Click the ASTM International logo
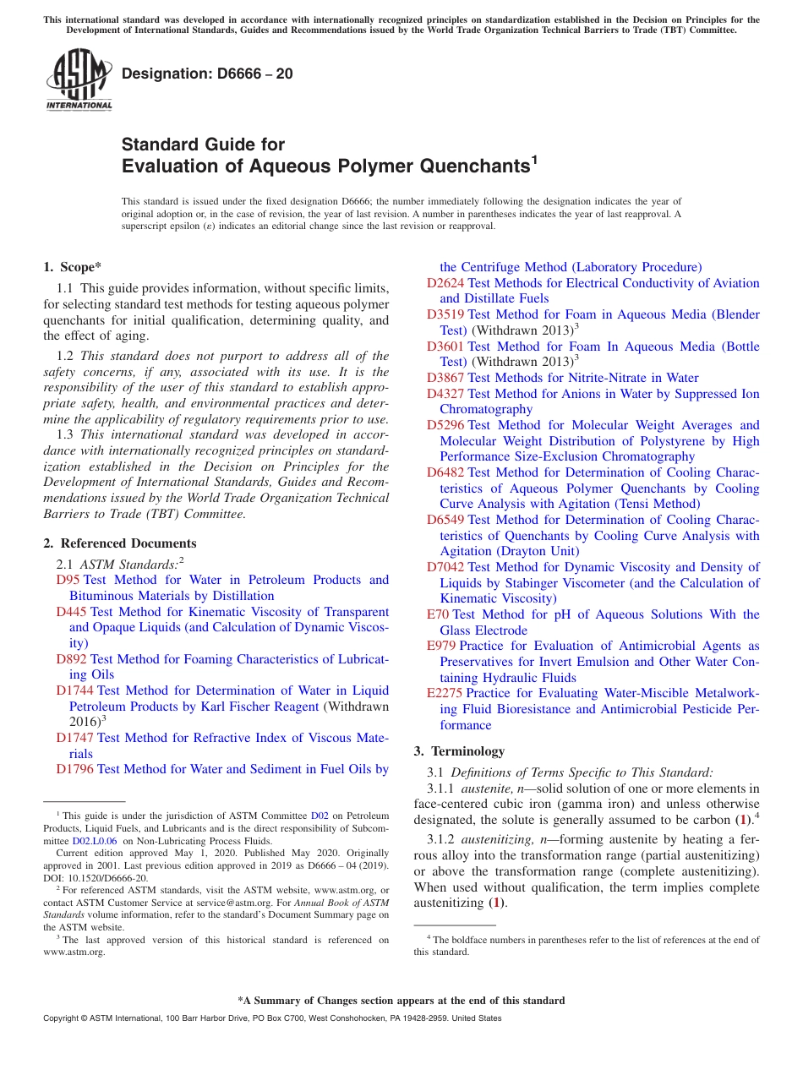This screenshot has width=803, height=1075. click(x=79, y=80)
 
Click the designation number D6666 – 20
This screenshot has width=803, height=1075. click(x=207, y=74)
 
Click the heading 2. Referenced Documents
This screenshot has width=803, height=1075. click(x=119, y=543)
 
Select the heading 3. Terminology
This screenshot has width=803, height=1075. click(x=459, y=750)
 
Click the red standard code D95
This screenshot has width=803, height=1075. click(x=68, y=580)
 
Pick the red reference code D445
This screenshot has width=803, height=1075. click(x=72, y=612)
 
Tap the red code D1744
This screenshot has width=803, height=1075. click(x=75, y=690)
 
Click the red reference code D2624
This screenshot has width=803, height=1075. click(x=445, y=283)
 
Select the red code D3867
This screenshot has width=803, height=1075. click(x=445, y=378)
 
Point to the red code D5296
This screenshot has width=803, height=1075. click(x=445, y=425)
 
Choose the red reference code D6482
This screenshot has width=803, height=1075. click(x=445, y=472)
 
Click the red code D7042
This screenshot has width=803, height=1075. click(x=445, y=567)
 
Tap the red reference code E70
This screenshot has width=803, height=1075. click(x=438, y=614)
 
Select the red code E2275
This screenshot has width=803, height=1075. click(x=445, y=693)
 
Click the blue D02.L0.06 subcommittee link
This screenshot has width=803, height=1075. click(x=95, y=842)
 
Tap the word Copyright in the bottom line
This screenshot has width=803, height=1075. click(x=62, y=1018)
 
